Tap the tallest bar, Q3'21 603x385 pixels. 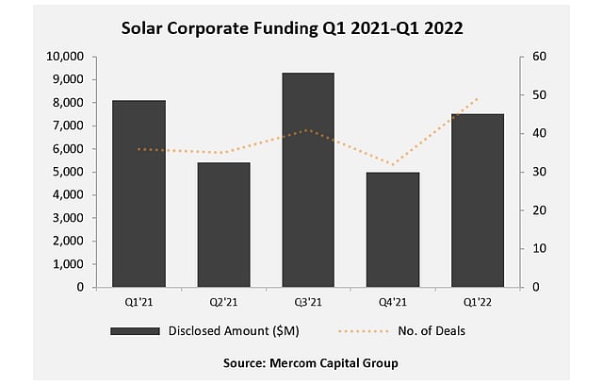(x=308, y=179)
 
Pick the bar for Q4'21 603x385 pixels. (x=393, y=229)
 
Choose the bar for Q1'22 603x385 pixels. (x=478, y=200)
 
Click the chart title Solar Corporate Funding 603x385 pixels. (x=292, y=28)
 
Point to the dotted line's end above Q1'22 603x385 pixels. (x=479, y=97)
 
